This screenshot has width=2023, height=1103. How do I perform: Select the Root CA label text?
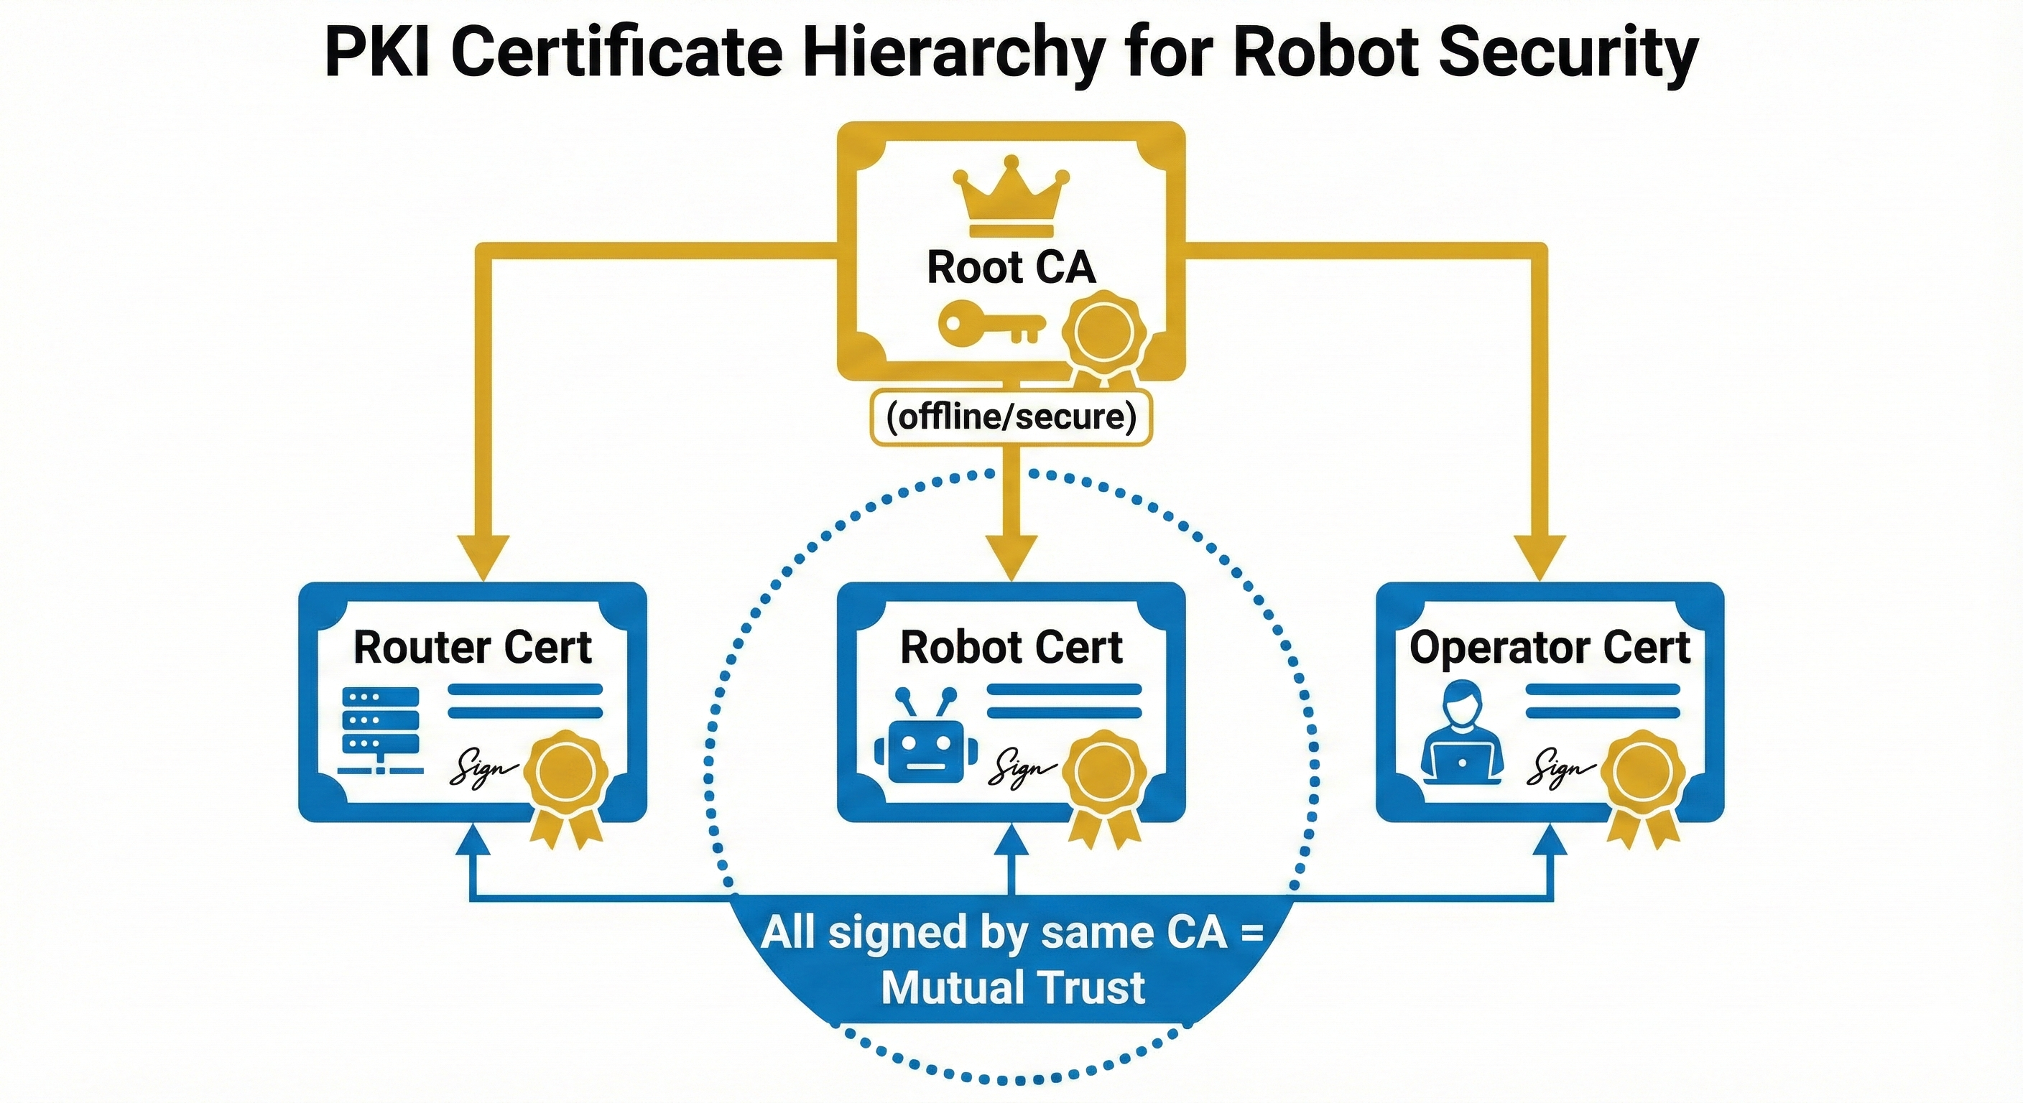click(1011, 267)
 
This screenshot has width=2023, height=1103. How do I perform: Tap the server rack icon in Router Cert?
click(381, 731)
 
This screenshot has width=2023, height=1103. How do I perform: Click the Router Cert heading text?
click(472, 648)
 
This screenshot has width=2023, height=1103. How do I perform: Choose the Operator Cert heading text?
click(1550, 648)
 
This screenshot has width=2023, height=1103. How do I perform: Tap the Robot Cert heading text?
click(1011, 648)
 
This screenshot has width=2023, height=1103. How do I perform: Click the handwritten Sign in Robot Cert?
click(1021, 765)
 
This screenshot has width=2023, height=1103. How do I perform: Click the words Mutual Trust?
click(1012, 987)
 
